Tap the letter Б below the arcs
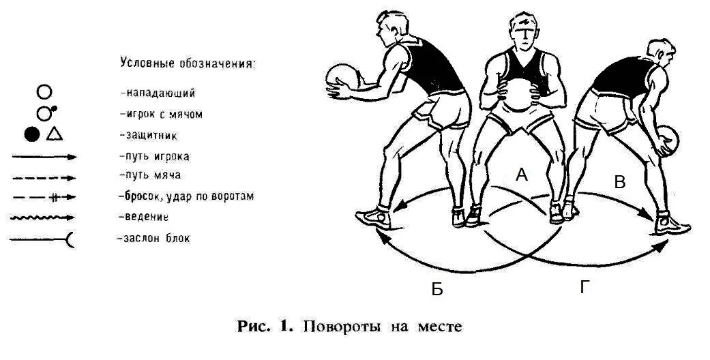point(437,289)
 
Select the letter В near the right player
point(619,182)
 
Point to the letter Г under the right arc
point(585,288)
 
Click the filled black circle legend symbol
point(31,134)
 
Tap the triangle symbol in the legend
point(55,134)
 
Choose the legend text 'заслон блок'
point(153,239)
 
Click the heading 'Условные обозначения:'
point(188,63)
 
